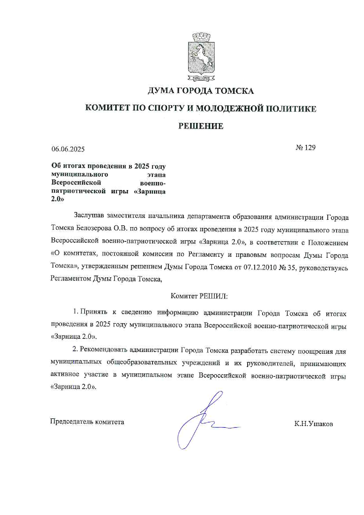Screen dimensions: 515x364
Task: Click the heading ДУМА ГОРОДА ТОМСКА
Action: tap(201, 91)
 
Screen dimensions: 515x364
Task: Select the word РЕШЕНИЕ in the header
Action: tap(201, 126)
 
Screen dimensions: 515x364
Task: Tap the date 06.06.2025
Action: tap(68, 149)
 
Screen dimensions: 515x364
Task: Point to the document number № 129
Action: tap(306, 147)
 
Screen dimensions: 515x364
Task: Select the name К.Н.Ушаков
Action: tap(314, 424)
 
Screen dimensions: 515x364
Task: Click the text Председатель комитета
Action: tap(87, 422)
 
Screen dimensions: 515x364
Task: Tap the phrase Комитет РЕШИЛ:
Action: tap(199, 296)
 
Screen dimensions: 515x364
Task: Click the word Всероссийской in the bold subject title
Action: tap(76, 182)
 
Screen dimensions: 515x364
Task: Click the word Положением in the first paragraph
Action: tap(328, 243)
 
